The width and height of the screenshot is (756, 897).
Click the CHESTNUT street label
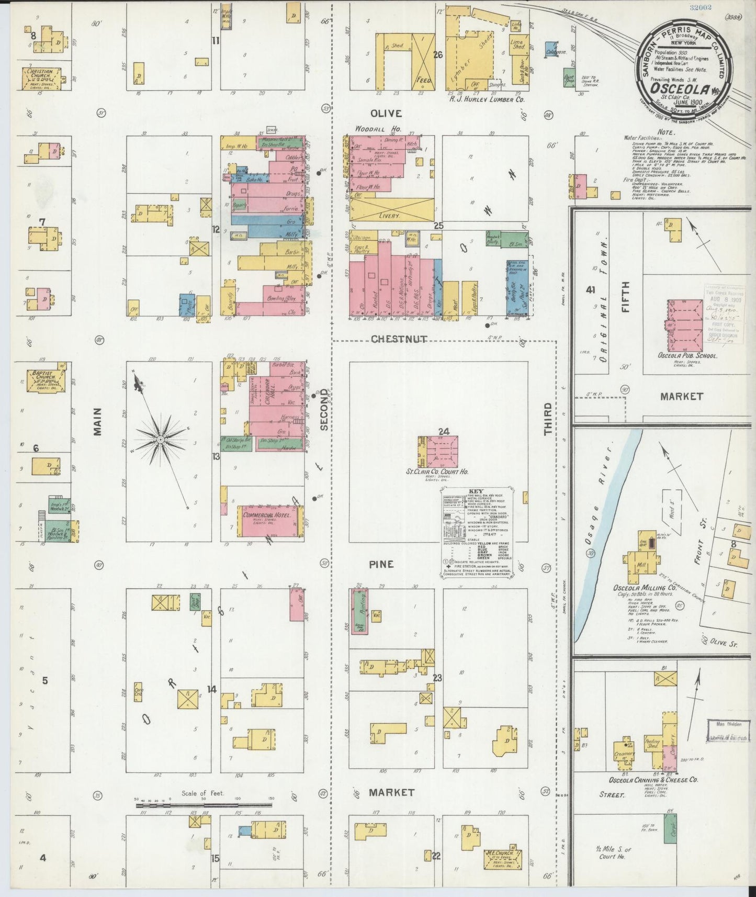(x=399, y=340)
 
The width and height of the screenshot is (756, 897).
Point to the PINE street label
(x=381, y=565)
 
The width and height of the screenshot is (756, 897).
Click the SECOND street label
(x=324, y=409)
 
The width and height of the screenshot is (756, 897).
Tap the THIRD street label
(x=548, y=419)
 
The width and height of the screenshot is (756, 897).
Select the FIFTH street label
(x=626, y=297)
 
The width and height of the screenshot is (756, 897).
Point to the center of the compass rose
(x=160, y=440)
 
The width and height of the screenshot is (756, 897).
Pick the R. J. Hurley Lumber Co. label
(x=479, y=98)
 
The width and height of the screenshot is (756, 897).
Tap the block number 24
(x=444, y=431)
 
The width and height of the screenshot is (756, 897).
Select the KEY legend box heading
(x=477, y=491)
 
